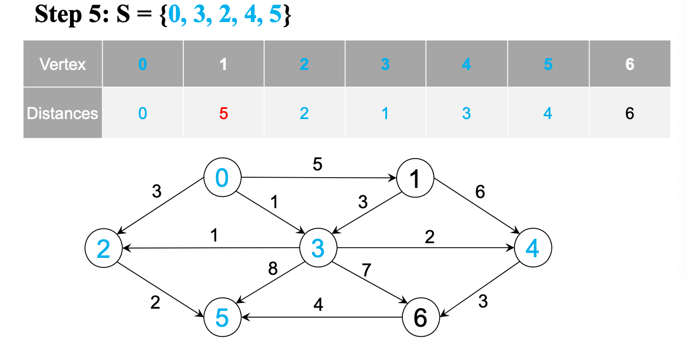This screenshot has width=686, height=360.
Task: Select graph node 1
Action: [x=415, y=179]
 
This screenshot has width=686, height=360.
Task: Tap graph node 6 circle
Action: [x=420, y=318]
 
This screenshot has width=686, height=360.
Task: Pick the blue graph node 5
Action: [x=222, y=318]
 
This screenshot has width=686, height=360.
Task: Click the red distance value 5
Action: [x=223, y=113]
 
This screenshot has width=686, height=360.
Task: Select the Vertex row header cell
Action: [x=63, y=64]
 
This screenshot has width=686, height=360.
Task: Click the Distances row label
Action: [x=63, y=113]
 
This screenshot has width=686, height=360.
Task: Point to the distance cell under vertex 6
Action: [x=630, y=113]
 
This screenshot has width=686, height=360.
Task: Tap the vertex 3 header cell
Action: [x=385, y=64]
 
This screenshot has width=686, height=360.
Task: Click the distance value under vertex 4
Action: [x=466, y=113]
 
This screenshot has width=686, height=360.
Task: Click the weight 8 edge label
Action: [x=273, y=269]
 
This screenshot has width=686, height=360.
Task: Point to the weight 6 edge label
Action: [x=480, y=192]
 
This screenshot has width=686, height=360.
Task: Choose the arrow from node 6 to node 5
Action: [x=322, y=318]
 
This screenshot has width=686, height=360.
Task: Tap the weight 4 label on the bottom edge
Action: [x=318, y=305]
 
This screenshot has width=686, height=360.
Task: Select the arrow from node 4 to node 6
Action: [x=480, y=287]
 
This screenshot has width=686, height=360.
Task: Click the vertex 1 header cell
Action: [x=223, y=64]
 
